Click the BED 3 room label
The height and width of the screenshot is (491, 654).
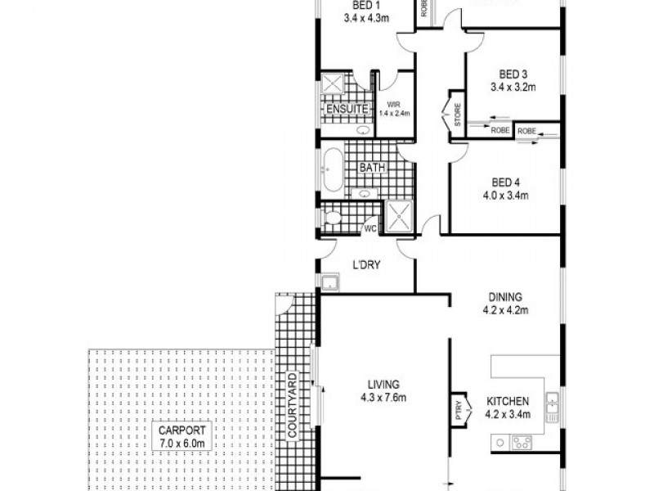[508, 73]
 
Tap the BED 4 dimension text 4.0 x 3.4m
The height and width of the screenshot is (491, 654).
[508, 196]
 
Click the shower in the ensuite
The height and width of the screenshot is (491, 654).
[333, 84]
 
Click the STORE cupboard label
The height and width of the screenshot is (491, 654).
[458, 115]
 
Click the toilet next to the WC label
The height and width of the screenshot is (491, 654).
[330, 218]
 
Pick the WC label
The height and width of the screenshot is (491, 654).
[369, 228]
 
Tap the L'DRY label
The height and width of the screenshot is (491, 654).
[365, 265]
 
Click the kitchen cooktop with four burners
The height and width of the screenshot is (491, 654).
[521, 443]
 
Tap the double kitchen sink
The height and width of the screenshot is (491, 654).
[553, 403]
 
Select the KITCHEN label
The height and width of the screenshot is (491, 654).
[508, 402]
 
